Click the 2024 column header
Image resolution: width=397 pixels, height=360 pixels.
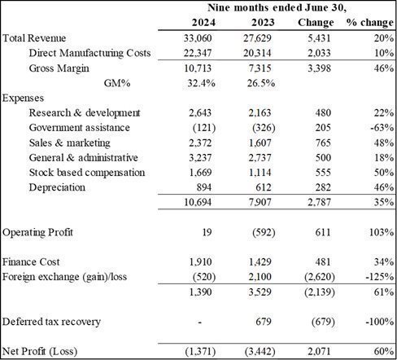click(203, 22)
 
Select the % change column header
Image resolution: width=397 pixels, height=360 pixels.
click(370, 23)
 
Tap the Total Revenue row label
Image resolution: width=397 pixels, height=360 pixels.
click(34, 38)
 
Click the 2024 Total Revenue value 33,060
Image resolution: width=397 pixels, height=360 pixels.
click(198, 38)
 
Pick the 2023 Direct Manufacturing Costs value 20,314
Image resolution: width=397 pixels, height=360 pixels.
click(257, 53)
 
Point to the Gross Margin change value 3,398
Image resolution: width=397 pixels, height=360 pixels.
click(319, 68)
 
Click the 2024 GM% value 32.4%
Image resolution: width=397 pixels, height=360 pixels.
click(201, 83)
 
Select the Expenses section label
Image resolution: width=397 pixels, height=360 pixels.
click(23, 98)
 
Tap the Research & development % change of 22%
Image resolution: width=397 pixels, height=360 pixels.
click(384, 112)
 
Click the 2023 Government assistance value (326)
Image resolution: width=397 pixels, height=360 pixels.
click(264, 128)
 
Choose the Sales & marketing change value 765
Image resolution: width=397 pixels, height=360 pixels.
click(323, 143)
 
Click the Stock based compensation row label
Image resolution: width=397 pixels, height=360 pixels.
click(87, 173)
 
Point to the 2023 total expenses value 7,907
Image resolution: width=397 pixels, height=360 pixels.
click(260, 202)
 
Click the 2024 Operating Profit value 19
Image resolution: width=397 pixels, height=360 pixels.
click(207, 232)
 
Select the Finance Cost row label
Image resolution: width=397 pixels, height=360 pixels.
click(31, 262)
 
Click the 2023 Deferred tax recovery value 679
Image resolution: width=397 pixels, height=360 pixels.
click(264, 322)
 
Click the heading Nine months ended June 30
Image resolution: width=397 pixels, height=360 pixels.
click(277, 7)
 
